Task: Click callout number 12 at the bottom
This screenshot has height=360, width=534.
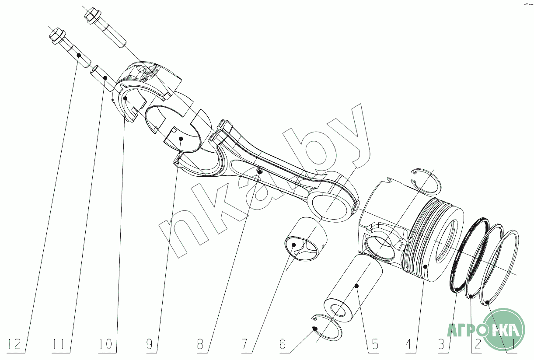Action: pos(14,345)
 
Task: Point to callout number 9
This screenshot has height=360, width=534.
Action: pos(151,345)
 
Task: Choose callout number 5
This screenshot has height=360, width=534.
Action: pos(374,345)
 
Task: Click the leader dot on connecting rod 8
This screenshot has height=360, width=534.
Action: pos(260,172)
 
